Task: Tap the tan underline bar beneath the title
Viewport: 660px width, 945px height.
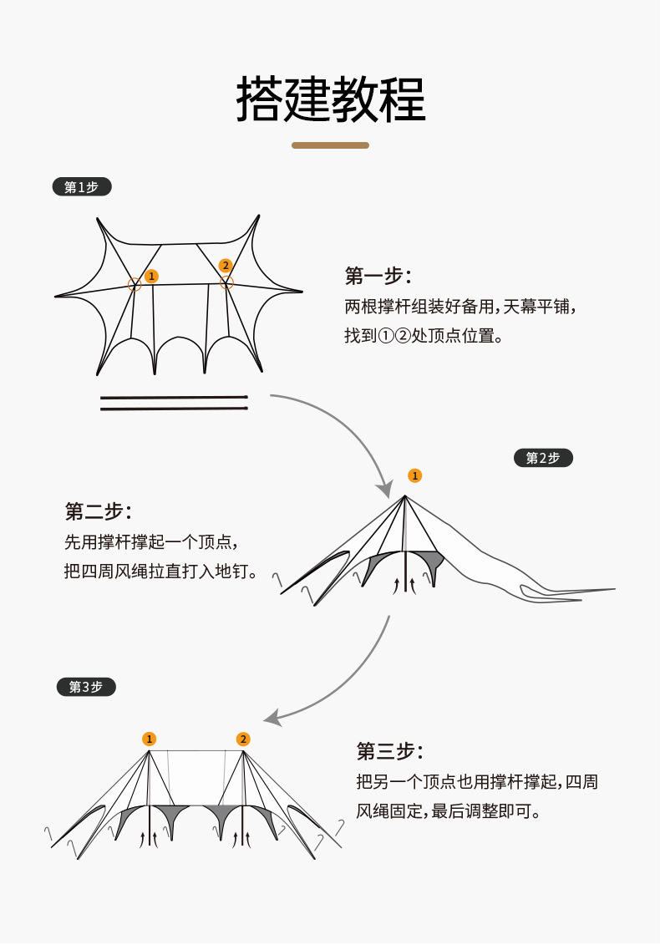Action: tap(330, 145)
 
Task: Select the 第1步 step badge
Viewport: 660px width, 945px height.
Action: tap(81, 187)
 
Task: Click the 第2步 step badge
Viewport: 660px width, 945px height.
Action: tap(543, 458)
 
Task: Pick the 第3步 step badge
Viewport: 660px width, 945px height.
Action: tap(86, 687)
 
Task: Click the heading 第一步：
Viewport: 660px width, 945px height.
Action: tap(378, 277)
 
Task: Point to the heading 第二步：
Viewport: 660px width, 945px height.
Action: tap(98, 511)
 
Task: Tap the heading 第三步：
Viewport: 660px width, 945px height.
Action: tap(389, 751)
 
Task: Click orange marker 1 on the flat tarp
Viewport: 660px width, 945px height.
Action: tap(151, 276)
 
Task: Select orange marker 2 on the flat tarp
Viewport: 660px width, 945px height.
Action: tap(225, 266)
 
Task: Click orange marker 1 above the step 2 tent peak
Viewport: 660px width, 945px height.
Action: tap(414, 475)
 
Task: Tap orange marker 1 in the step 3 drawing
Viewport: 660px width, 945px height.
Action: tap(149, 739)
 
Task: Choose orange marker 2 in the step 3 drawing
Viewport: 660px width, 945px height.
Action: tap(243, 739)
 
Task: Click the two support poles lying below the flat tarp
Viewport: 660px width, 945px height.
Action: tap(174, 403)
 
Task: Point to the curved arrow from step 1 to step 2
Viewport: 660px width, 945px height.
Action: tap(351, 426)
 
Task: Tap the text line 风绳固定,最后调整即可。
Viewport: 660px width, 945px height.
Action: tap(448, 811)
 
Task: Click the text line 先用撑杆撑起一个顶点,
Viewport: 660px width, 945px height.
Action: tap(155, 542)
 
